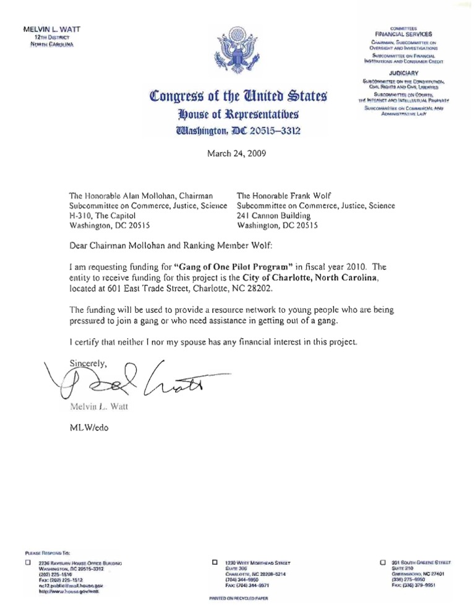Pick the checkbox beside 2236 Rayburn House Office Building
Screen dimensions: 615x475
[x=27, y=563]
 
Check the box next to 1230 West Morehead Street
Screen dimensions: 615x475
[x=214, y=562]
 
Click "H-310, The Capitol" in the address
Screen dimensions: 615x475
[x=103, y=216]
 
